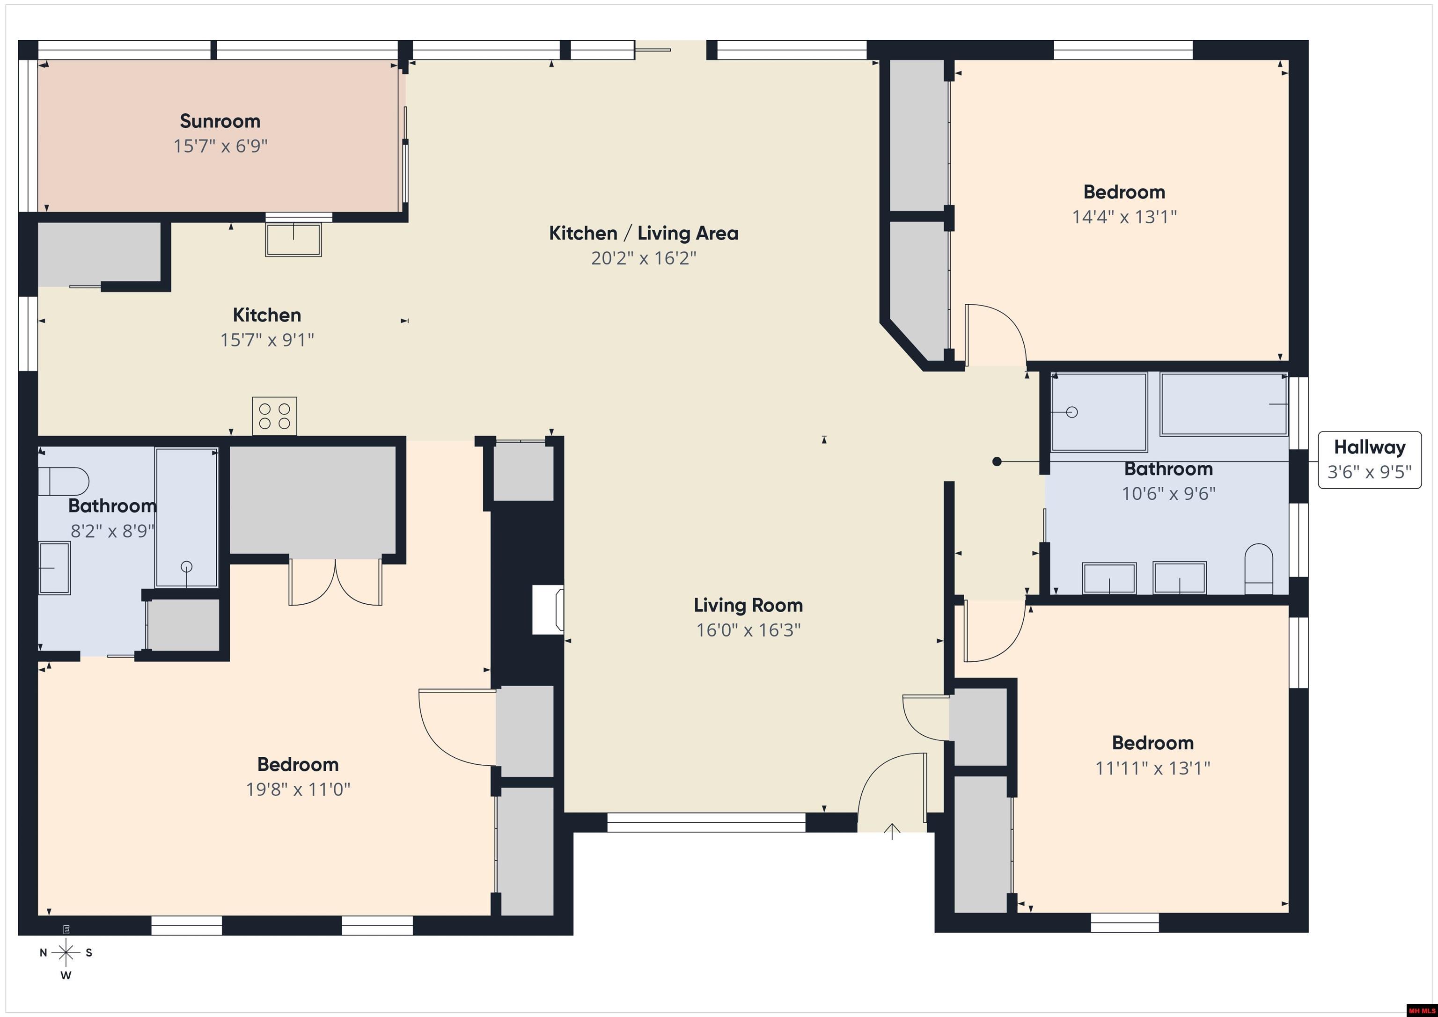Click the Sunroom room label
tap(220, 121)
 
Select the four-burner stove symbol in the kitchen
tap(274, 416)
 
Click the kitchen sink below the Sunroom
tap(293, 239)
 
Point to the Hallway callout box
tap(1369, 459)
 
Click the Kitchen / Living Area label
tap(643, 233)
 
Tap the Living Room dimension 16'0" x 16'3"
tap(748, 630)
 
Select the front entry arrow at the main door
tap(892, 831)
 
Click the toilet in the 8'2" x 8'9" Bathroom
tap(63, 481)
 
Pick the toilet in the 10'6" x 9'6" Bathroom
tap(1258, 569)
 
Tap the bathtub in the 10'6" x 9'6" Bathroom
tap(1224, 404)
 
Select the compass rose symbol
tap(66, 952)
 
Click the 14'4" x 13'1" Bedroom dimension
tap(1124, 217)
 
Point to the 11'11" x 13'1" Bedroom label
tap(1152, 743)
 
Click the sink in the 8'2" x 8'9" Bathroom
tap(54, 568)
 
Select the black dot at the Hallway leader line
tap(997, 461)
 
